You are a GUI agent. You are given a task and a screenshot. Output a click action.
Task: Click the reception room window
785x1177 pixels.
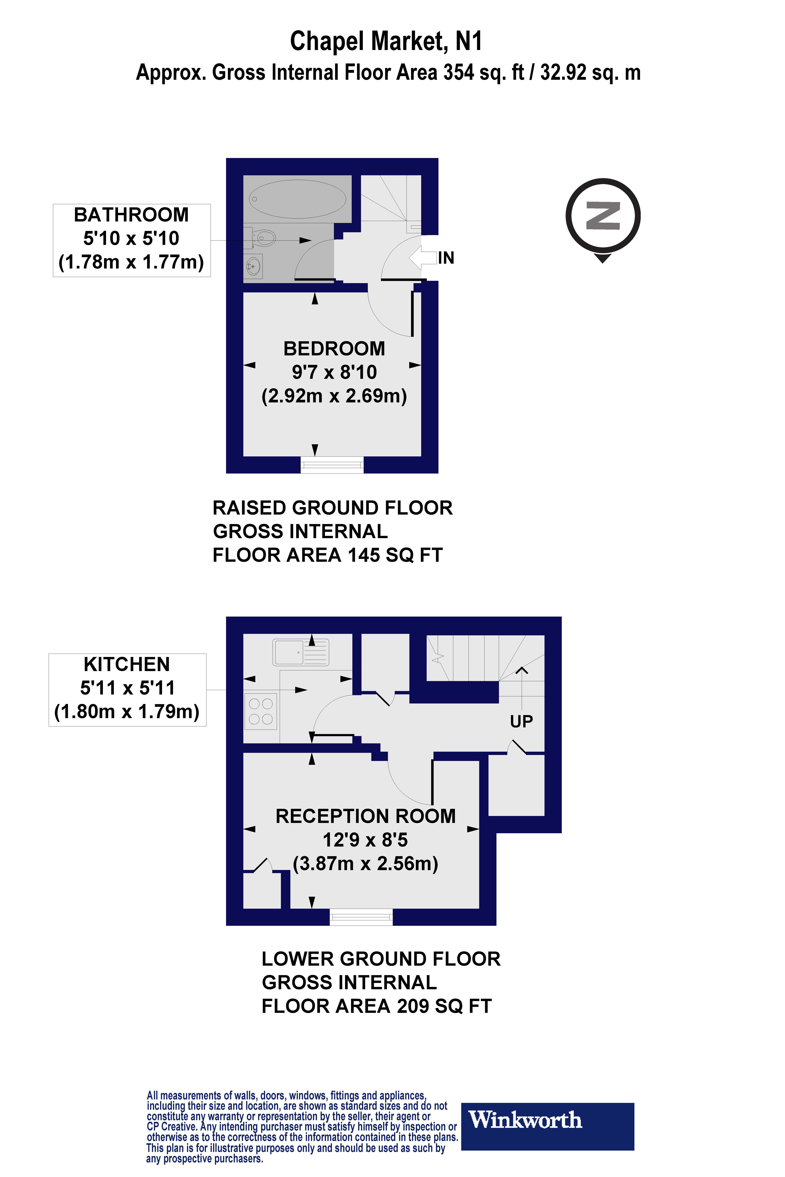[x=361, y=917]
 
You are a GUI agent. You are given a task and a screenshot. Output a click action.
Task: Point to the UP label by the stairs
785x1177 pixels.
[x=521, y=721]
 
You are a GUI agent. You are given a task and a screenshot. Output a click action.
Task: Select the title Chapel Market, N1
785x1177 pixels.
[x=386, y=41]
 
